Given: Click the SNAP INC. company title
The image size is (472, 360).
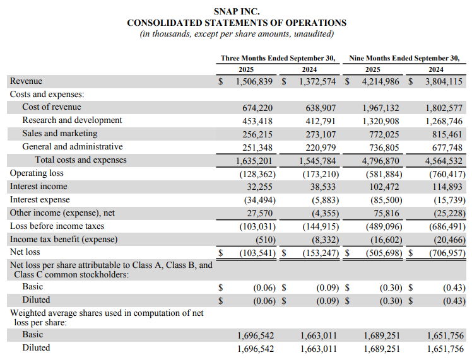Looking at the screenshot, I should pyautogui.click(x=237, y=11).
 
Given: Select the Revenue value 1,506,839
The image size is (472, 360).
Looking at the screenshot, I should pyautogui.click(x=256, y=81).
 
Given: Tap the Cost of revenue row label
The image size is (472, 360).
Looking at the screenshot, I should pyautogui.click(x=52, y=107).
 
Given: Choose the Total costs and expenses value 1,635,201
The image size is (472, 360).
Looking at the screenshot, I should pyautogui.click(x=256, y=160).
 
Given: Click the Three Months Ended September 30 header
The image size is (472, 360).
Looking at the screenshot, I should pyautogui.click(x=278, y=58).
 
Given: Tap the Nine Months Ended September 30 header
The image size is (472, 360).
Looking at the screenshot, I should pyautogui.click(x=404, y=58).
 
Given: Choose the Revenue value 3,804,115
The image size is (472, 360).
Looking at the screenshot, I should pyautogui.click(x=444, y=81).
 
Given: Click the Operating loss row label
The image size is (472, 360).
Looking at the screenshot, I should pyautogui.click(x=37, y=173).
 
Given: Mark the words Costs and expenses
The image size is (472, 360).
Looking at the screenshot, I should pyautogui.click(x=47, y=94).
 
